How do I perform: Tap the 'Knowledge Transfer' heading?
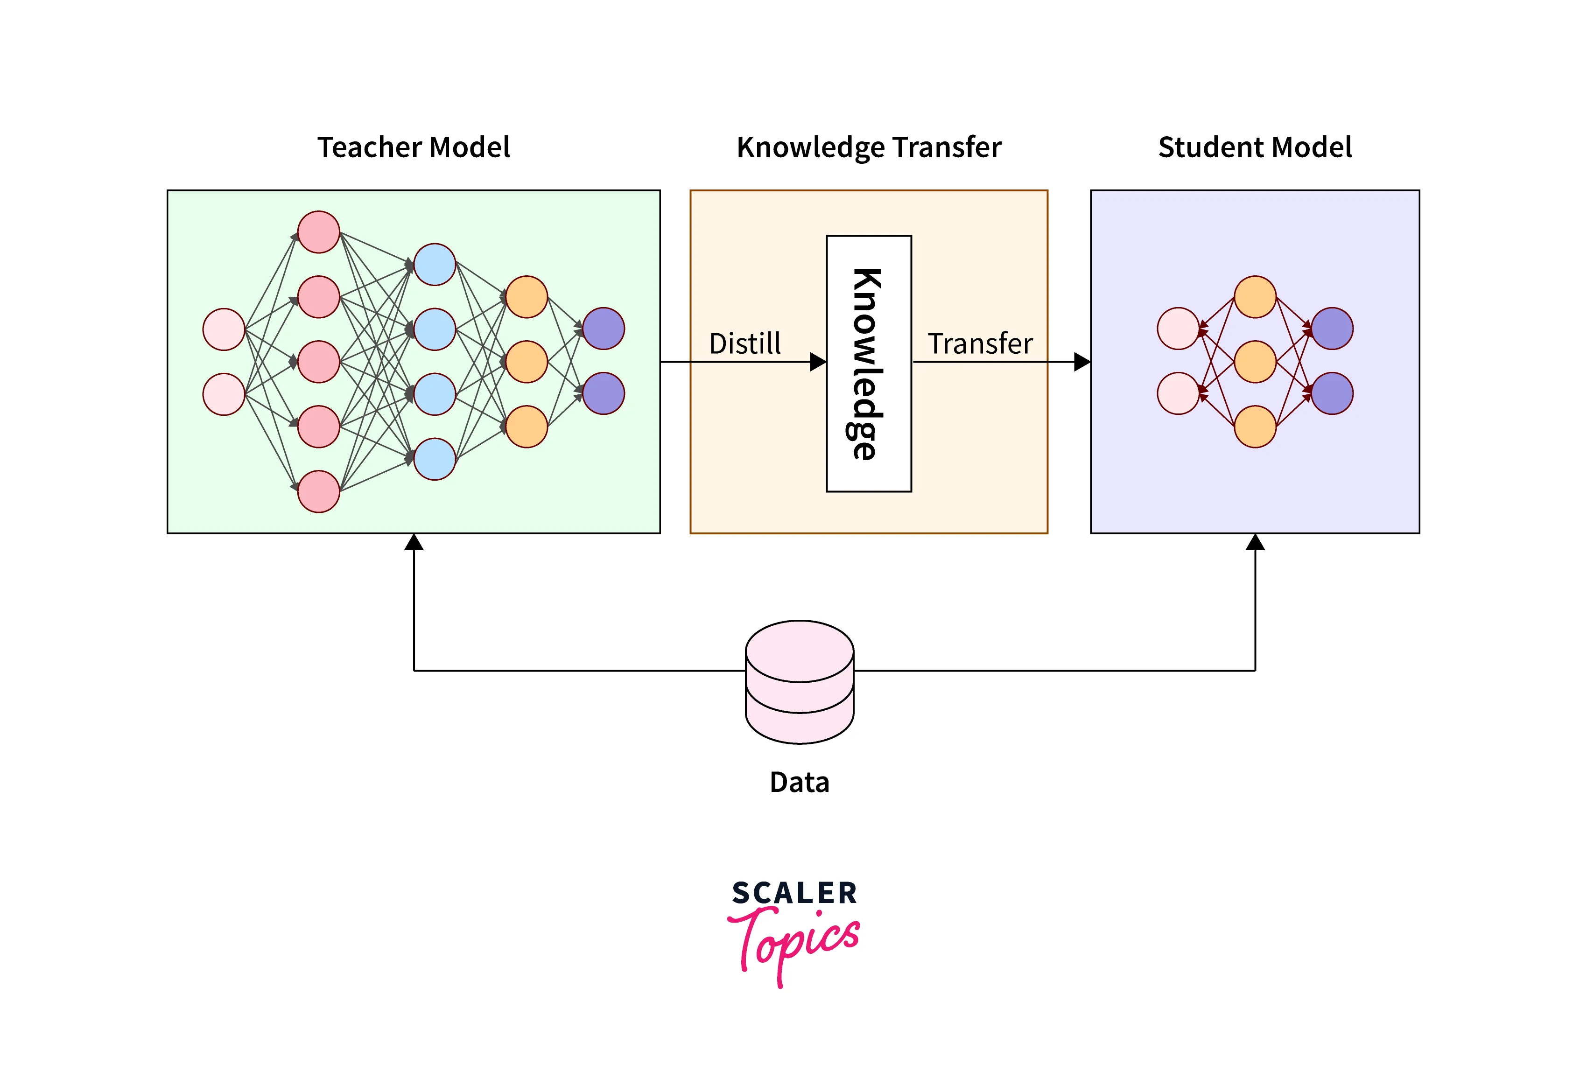pos(869,147)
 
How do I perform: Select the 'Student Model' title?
pos(1255,147)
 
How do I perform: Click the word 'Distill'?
pos(744,343)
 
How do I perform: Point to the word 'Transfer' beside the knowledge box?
pos(980,343)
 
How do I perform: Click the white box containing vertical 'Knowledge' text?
pos(869,363)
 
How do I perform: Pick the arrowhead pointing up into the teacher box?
pos(414,543)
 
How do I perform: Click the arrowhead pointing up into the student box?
pos(1255,543)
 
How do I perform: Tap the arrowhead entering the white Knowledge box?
pos(817,362)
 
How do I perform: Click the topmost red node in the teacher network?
pos(319,232)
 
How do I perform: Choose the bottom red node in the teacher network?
pos(319,491)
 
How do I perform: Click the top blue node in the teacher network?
pos(435,264)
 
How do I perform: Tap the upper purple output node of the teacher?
pos(604,329)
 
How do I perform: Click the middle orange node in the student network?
pos(1255,362)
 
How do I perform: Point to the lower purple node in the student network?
pos(1332,393)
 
